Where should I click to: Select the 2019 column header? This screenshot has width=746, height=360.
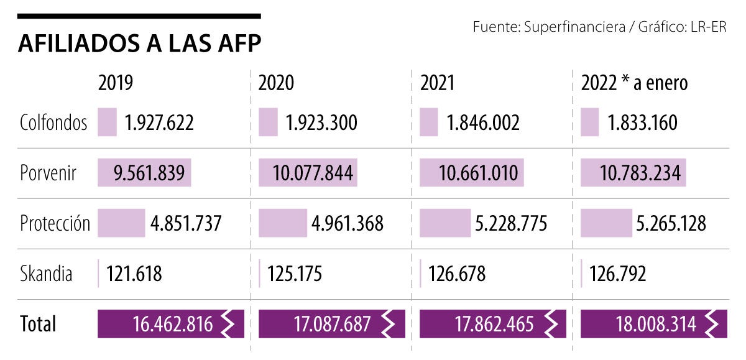[x=116, y=83]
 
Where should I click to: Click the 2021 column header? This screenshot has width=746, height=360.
[x=438, y=83]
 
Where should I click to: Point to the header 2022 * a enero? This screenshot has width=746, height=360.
[x=634, y=83]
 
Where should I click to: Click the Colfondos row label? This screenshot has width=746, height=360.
[x=53, y=122]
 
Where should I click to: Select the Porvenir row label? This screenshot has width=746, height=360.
[x=48, y=173]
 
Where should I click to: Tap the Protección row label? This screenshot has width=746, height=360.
[x=55, y=223]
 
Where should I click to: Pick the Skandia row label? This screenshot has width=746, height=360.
[x=46, y=274]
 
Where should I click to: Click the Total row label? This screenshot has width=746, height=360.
[x=38, y=324]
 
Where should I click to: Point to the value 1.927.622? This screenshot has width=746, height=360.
[x=159, y=122]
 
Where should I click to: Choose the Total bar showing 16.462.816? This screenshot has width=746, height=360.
[x=171, y=324]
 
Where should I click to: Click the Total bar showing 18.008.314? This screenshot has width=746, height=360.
[x=653, y=324]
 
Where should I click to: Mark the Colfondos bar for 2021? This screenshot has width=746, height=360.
[x=429, y=122]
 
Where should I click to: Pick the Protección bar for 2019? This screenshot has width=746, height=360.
[x=121, y=223]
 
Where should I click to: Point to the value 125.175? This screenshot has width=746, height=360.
[x=295, y=274]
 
